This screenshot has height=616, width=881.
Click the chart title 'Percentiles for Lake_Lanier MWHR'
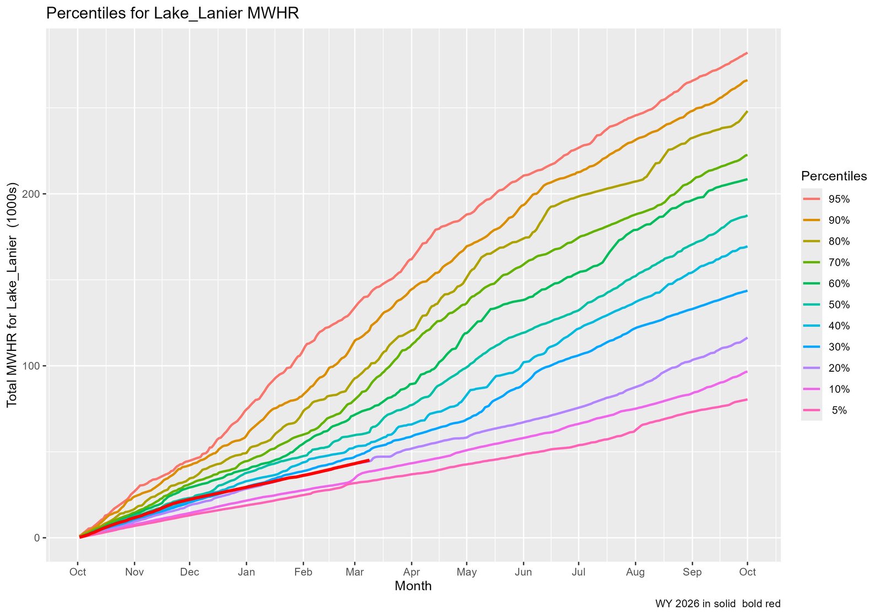click(x=172, y=13)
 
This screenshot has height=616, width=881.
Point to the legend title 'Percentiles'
click(x=834, y=177)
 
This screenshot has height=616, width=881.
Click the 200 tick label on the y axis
click(x=31, y=194)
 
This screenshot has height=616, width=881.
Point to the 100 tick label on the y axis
click(x=31, y=366)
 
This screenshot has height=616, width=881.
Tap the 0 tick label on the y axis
click(x=37, y=538)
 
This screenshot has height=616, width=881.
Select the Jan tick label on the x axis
click(x=246, y=572)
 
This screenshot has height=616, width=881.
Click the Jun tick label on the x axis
click(x=523, y=572)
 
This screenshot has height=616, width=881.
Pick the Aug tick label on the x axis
click(x=635, y=572)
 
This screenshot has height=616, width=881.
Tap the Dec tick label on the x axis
click(x=189, y=572)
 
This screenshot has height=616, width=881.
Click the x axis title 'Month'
click(x=413, y=586)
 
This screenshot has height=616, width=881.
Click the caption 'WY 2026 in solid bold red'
click(x=717, y=604)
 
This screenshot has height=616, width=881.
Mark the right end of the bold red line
click(x=368, y=460)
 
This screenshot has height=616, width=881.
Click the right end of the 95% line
click(x=747, y=53)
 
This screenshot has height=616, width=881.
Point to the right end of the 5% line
click(x=747, y=399)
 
